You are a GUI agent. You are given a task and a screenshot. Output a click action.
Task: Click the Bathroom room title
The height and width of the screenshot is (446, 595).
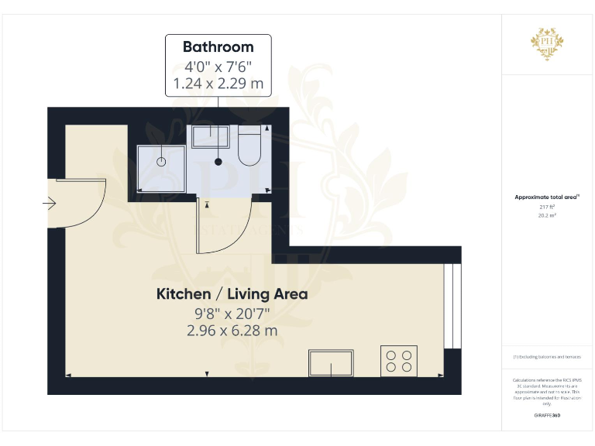click(218, 47)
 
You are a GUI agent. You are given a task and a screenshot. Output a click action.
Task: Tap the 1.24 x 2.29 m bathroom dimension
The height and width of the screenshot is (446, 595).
click(218, 83)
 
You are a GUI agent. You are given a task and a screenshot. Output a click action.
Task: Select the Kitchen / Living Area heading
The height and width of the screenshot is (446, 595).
click(232, 294)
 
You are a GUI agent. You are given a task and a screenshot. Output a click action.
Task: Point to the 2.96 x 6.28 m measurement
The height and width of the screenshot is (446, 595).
click(232, 331)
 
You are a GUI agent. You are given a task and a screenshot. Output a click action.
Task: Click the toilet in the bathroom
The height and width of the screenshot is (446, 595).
click(249, 147)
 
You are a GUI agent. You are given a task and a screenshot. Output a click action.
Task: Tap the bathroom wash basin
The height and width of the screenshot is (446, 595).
click(210, 137)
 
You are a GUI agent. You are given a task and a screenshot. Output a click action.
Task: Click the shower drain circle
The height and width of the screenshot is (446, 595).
click(161, 162)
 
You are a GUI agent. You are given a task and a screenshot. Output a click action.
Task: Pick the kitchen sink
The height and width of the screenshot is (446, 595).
click(331, 362)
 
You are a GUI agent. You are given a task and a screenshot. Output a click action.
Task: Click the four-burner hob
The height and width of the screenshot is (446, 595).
click(399, 361)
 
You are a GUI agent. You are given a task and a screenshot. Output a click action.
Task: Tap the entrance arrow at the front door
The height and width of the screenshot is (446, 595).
click(50, 204)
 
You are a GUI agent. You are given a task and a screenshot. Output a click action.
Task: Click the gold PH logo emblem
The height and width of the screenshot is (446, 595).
click(547, 41)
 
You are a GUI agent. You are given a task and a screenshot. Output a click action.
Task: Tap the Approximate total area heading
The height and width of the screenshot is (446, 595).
click(547, 197)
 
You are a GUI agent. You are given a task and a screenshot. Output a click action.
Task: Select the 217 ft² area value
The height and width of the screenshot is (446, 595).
click(547, 207)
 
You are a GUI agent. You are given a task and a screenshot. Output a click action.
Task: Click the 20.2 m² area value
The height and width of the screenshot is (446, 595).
click(547, 215)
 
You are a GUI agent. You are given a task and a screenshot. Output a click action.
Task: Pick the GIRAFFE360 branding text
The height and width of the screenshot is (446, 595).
click(547, 416)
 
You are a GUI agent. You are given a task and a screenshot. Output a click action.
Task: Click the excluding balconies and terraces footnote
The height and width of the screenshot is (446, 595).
click(547, 356)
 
